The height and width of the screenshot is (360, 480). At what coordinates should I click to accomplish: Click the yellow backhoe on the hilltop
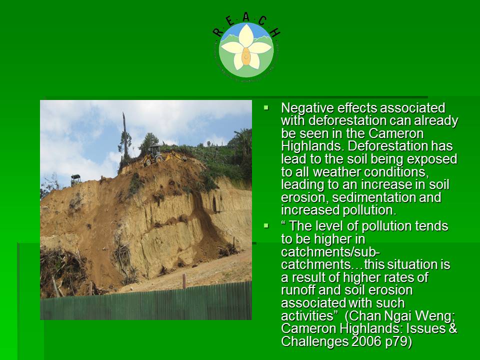[162, 155]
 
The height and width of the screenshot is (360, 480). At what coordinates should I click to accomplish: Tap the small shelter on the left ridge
[75, 179]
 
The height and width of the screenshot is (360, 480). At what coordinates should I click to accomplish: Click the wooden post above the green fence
[184, 281]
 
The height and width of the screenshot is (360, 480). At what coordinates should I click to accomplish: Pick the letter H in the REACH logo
[274, 32]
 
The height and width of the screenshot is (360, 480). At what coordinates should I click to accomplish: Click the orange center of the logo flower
[246, 56]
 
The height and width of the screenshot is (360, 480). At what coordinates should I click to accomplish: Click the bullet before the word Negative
[266, 108]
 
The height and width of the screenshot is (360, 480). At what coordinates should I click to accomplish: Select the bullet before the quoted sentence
[266, 226]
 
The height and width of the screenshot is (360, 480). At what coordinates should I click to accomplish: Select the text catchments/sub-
[330, 252]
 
